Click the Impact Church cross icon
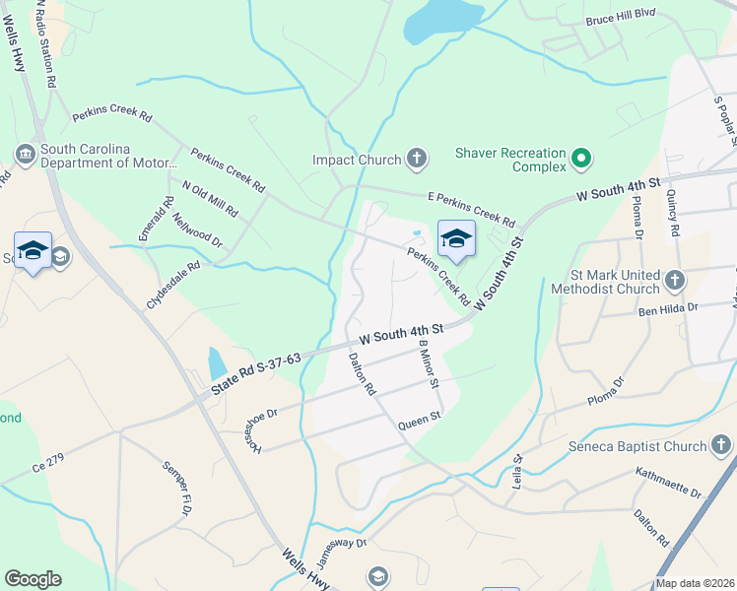(417, 159)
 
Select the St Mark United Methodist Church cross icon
(675, 280)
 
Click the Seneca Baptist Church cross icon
(722, 446)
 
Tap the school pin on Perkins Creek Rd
(455, 238)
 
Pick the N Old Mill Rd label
(210, 198)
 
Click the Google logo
(33, 579)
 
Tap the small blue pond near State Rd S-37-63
(217, 363)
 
